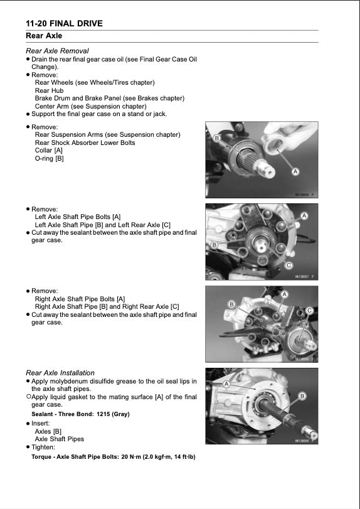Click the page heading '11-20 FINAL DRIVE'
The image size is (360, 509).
pos(60,24)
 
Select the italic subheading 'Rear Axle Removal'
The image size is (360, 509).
pos(57,51)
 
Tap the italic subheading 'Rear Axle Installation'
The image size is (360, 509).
pos(60,373)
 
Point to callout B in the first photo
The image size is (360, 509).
pos(216,138)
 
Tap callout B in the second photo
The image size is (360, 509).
pos(214,245)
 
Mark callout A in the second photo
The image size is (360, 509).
pos(304,216)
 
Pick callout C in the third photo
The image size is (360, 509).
pos(309,311)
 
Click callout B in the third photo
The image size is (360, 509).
pos(231,304)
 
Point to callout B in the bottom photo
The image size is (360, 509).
pos(302,396)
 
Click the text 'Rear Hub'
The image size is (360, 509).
pos(49,90)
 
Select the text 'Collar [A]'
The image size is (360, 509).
pos(49,151)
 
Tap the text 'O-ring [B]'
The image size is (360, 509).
pos(49,159)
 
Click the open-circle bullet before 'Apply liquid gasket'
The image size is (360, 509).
pos(28,397)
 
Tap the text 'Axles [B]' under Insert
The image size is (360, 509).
pos(48,431)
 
